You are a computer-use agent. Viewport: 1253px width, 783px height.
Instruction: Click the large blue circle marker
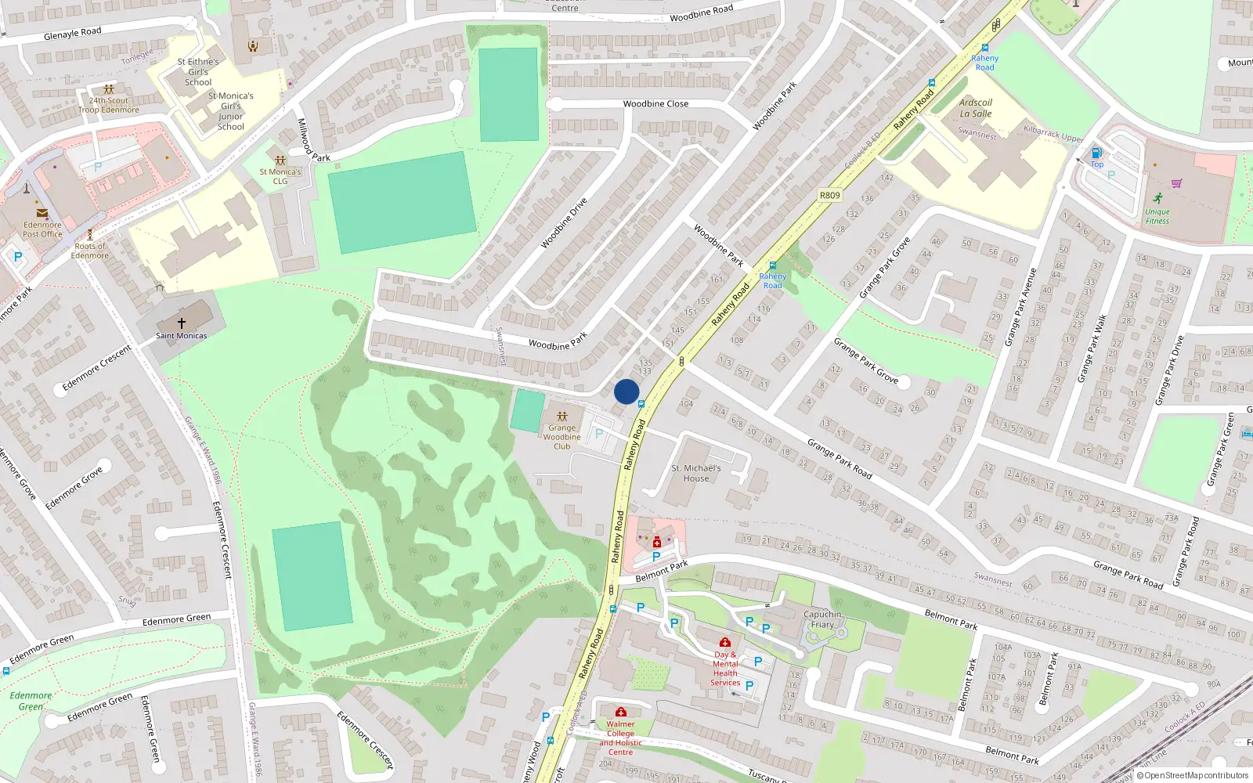(626, 391)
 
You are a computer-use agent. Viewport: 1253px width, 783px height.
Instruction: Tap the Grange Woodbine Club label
(562, 437)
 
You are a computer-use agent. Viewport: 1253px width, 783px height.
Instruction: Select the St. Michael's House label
(695, 473)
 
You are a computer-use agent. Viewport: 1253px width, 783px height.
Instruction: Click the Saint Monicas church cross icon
(182, 323)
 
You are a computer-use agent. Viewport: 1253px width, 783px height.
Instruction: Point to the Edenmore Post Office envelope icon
(42, 213)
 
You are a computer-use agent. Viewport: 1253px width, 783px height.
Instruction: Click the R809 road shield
(829, 196)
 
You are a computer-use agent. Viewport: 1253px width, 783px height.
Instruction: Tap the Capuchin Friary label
(822, 619)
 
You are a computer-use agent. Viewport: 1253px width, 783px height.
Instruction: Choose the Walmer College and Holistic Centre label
(620, 738)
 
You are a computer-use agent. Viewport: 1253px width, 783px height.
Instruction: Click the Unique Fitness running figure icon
(1157, 198)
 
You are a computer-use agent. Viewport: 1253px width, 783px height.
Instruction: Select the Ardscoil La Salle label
(976, 108)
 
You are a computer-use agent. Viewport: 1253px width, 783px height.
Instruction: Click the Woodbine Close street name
(655, 104)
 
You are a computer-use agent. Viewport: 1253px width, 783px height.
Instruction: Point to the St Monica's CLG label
(280, 176)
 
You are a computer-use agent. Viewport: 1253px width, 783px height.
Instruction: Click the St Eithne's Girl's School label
(198, 72)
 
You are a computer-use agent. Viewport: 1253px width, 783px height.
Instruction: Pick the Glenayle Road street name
(73, 34)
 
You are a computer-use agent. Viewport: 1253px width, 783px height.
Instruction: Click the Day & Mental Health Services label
(725, 669)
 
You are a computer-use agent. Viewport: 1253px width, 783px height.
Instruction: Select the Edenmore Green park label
(31, 701)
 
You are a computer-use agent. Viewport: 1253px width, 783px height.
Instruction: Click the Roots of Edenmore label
(90, 251)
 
